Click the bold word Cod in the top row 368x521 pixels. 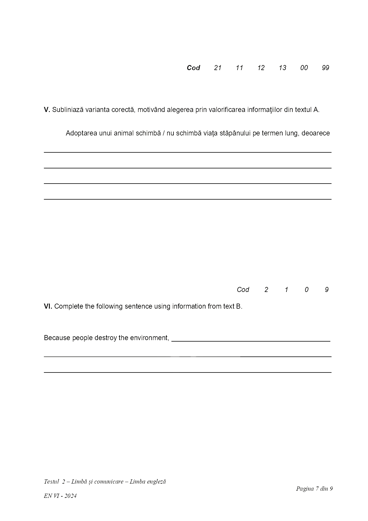193,68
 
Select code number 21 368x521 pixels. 218,68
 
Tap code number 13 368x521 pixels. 282,68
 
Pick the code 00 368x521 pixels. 304,68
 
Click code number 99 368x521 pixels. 325,68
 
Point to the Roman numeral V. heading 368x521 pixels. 47,110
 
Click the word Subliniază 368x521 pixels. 68,110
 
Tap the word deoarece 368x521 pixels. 316,133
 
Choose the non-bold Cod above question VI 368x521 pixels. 243,290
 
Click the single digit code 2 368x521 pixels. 266,290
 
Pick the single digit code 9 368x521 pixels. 326,290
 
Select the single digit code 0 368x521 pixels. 306,290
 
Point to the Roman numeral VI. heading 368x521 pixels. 48,306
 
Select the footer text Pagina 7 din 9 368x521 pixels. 314,489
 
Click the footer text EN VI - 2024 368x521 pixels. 60,496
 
